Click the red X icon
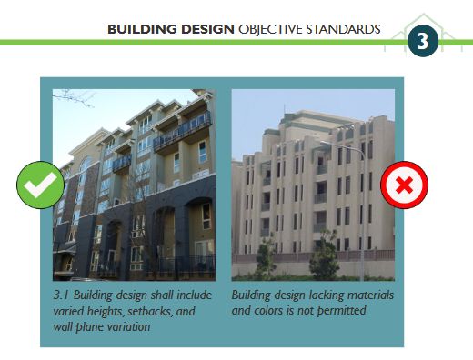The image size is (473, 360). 404,186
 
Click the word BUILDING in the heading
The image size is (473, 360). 138,29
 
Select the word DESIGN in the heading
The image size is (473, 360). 206,29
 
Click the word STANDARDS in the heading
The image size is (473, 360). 347,29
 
